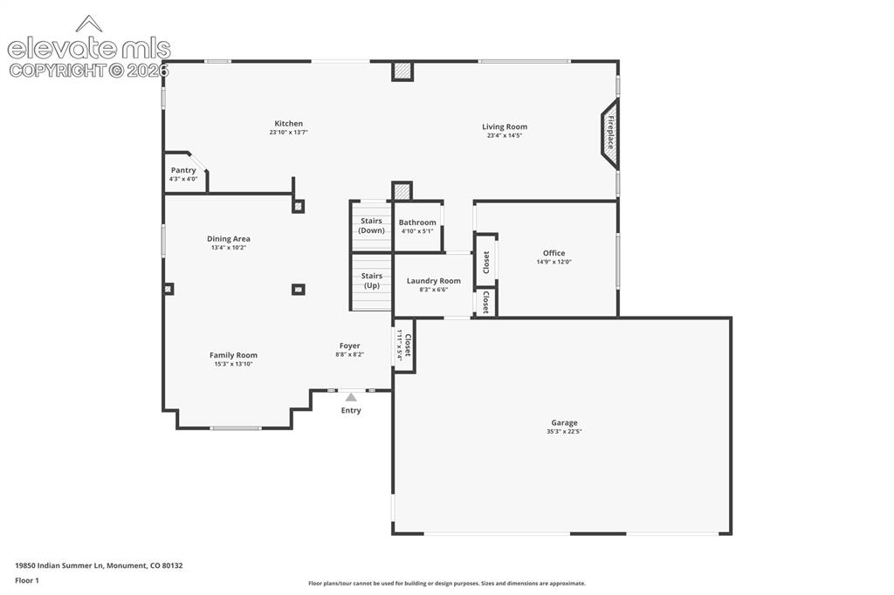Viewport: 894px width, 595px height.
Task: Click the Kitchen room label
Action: (x=288, y=124)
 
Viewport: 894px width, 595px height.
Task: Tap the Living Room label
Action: (x=505, y=127)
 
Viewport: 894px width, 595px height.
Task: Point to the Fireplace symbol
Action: (x=609, y=133)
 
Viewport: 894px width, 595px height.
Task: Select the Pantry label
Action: (x=183, y=170)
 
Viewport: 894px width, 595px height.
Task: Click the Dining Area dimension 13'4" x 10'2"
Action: (x=229, y=248)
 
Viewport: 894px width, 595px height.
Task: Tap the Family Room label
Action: (x=233, y=355)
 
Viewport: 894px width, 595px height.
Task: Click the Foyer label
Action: (x=349, y=346)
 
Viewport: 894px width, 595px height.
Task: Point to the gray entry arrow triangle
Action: (x=351, y=397)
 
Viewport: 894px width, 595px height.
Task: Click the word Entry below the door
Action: (x=351, y=410)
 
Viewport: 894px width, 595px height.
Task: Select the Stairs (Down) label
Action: (x=372, y=226)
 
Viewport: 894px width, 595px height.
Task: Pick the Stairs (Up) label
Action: (x=372, y=280)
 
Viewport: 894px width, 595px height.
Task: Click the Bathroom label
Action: (x=417, y=222)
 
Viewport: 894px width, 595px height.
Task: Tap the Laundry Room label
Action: (x=434, y=281)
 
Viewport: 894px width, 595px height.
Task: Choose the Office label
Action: (x=554, y=253)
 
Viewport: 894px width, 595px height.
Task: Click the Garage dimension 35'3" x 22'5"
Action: (x=565, y=432)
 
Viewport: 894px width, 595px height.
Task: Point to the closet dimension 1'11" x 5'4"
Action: (x=400, y=345)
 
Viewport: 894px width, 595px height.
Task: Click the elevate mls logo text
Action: (x=89, y=49)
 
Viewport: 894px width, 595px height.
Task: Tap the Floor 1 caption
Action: (x=27, y=581)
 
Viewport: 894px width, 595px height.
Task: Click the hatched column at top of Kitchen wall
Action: (x=402, y=72)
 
